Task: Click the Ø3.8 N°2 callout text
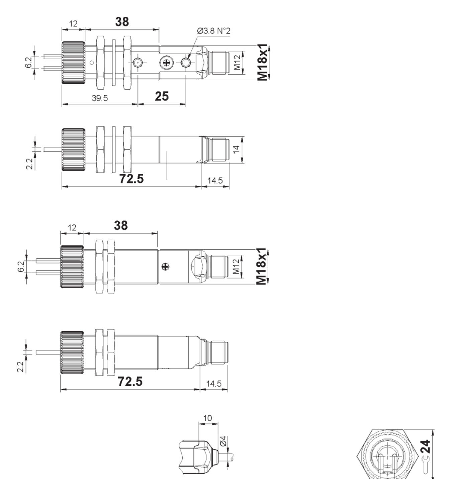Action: tap(213, 31)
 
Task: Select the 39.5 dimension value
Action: tap(100, 98)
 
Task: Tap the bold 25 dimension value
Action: tap(162, 96)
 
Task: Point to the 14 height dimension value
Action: tap(236, 149)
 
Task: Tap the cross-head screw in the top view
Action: tap(166, 62)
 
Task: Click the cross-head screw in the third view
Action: tap(165, 267)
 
